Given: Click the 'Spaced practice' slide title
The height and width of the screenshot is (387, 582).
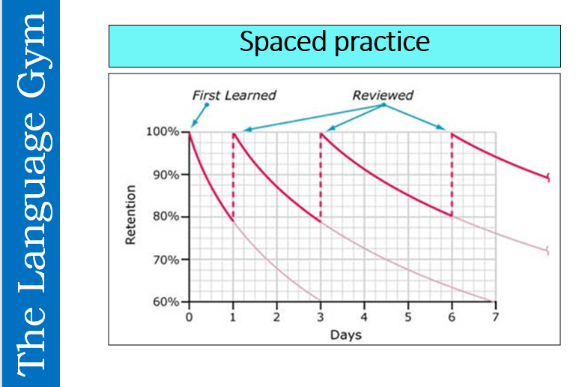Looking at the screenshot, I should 334,42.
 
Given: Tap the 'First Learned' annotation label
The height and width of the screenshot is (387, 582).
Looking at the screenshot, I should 234,95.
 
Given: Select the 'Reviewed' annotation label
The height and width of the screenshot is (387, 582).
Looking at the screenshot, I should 383,95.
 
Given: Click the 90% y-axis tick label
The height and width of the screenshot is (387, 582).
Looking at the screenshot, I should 168,175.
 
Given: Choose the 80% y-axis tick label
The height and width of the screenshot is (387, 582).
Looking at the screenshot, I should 168,217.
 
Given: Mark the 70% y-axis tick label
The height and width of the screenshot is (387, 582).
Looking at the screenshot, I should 168,259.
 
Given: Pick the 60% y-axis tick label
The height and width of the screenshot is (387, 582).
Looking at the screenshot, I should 168,302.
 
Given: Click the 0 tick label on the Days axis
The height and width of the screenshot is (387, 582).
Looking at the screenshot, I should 190,317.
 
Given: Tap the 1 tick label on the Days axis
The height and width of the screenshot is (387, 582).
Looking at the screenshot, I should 233,317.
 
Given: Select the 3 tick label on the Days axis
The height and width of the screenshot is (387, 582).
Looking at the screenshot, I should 321,317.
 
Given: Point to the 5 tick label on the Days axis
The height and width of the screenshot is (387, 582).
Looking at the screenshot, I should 408,317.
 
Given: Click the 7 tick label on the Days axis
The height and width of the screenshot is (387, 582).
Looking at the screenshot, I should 495,317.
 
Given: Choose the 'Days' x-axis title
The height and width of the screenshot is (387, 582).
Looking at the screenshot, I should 345,334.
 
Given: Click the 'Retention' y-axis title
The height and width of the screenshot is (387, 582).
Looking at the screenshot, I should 132,214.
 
